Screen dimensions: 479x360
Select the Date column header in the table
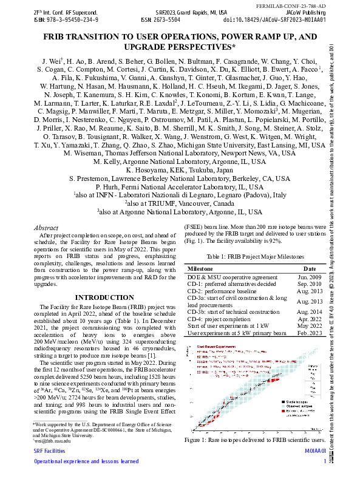coord(309,268)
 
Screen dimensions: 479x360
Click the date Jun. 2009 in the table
coord(308,277)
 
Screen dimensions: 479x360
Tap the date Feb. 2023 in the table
coord(309,333)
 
